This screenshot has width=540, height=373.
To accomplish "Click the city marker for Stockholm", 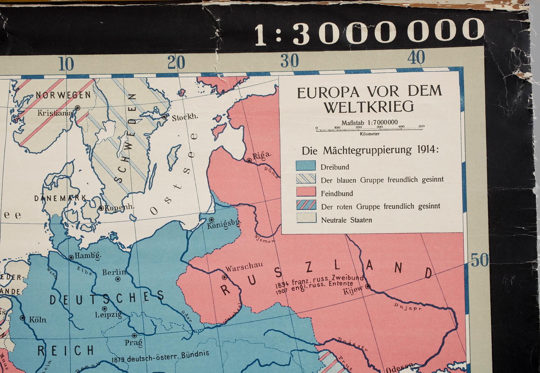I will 164,117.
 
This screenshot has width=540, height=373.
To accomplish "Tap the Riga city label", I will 261,155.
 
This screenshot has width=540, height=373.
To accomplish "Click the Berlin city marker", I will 118,279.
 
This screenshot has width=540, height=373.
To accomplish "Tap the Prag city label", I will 133,343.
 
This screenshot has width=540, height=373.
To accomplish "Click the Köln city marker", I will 23,318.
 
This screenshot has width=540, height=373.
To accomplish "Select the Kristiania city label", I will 55,113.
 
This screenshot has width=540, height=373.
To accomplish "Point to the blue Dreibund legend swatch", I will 306,166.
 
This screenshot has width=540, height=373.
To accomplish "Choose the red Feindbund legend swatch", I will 306,192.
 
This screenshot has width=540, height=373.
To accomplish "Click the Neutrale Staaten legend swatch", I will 306,218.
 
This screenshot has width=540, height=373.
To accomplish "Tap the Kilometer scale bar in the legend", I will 369,130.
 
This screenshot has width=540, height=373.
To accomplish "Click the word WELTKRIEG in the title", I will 369,107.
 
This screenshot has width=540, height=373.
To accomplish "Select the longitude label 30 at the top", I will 289,61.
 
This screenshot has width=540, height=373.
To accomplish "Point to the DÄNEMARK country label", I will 60,198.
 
